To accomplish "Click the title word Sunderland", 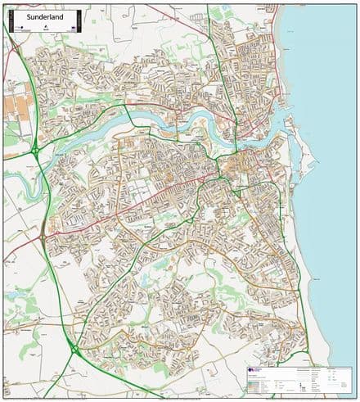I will coord(29,14).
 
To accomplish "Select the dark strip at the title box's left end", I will coord(11,19).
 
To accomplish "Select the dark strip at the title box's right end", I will coord(77,19).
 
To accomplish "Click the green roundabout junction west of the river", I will coord(36,151).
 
